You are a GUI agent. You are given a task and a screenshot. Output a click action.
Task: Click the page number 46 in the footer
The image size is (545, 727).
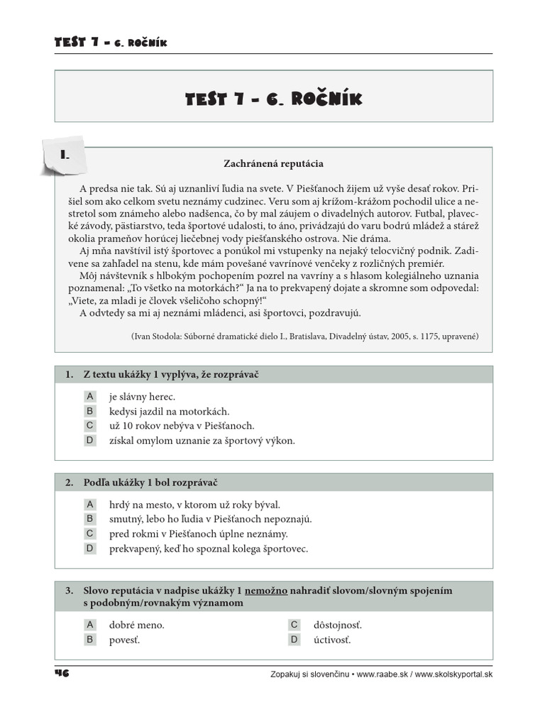[x=61, y=673]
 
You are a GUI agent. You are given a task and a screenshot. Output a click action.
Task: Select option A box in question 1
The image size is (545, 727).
[x=90, y=396]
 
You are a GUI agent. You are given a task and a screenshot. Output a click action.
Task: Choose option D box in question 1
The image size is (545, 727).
[x=90, y=440]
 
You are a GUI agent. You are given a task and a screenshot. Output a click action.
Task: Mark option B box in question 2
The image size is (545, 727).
[x=90, y=519]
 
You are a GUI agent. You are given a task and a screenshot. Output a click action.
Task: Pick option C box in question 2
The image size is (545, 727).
[x=90, y=534]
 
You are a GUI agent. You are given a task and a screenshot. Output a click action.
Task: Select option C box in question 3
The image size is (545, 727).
[x=294, y=625]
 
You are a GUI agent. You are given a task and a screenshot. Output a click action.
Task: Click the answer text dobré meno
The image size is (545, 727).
[x=136, y=625]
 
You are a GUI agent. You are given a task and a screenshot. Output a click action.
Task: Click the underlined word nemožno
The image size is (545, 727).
[x=266, y=591]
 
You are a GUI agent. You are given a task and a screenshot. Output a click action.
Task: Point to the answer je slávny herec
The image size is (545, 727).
[x=142, y=397]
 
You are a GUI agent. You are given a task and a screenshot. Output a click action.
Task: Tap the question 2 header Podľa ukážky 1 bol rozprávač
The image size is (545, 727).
[x=150, y=483]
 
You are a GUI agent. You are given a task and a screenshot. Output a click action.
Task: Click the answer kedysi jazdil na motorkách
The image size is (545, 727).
[x=169, y=411]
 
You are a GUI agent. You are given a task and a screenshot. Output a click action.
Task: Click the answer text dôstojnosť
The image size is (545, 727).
[x=337, y=625]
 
